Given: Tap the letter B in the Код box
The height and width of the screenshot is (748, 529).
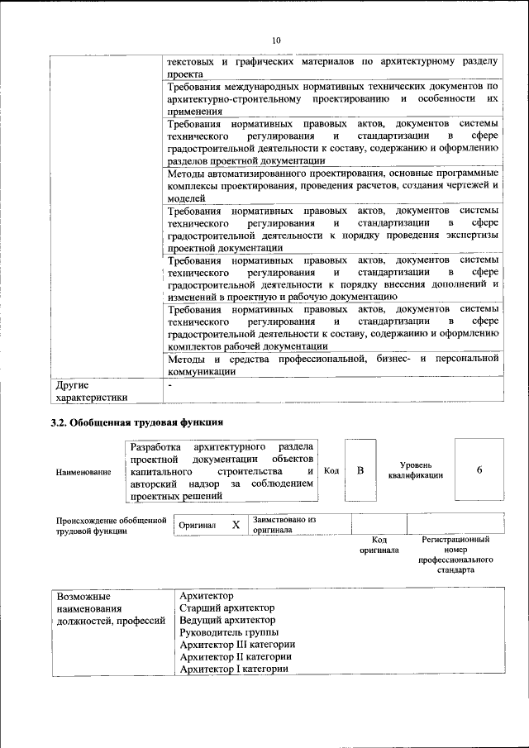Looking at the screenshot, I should pyautogui.click(x=360, y=470).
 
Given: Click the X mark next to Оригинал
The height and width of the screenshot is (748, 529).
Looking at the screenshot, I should pyautogui.click(x=236, y=525).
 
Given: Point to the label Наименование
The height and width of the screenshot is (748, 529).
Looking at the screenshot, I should pyautogui.click(x=83, y=472).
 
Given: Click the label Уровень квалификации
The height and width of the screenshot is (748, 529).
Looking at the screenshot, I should pyautogui.click(x=415, y=470).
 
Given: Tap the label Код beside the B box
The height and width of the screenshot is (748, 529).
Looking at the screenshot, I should pyautogui.click(x=331, y=470).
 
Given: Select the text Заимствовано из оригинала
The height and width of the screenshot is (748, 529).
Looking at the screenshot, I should pyautogui.click(x=285, y=524).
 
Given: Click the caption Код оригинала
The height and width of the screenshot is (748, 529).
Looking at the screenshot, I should pyautogui.click(x=379, y=545).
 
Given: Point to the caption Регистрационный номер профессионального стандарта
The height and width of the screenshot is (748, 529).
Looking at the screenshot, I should pyautogui.click(x=455, y=555).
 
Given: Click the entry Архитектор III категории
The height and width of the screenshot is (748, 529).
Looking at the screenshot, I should pyautogui.click(x=237, y=645).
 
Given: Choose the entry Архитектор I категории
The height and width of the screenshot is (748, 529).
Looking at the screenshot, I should pyautogui.click(x=233, y=669).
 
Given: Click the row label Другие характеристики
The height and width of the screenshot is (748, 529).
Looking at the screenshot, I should pyautogui.click(x=91, y=391).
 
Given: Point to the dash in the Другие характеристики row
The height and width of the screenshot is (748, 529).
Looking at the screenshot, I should pyautogui.click(x=169, y=384).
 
